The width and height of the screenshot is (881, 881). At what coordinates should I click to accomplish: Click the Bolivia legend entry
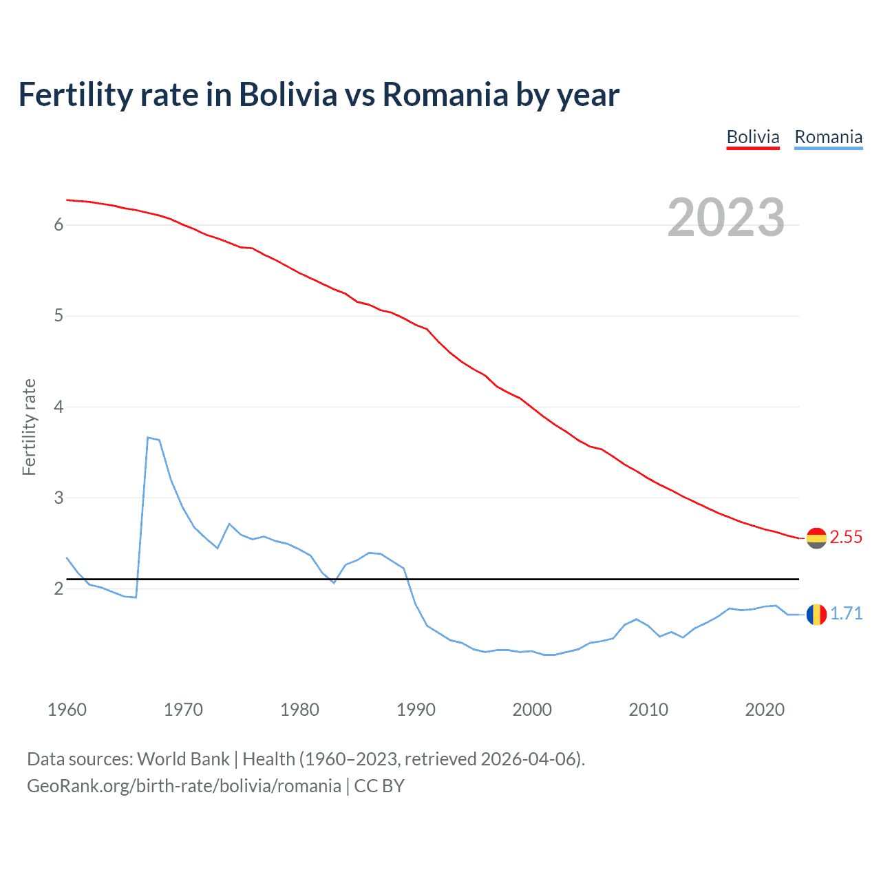click(x=753, y=138)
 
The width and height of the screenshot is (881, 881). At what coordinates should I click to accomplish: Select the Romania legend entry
click(x=828, y=138)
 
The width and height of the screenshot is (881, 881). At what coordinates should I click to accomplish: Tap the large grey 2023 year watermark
click(x=726, y=217)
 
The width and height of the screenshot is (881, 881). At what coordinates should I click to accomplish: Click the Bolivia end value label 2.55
click(x=846, y=538)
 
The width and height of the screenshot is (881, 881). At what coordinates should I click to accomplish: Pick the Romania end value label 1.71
click(x=846, y=614)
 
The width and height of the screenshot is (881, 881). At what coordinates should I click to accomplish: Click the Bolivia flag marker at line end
click(x=816, y=538)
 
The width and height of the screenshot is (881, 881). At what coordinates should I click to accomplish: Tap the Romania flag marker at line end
click(x=816, y=614)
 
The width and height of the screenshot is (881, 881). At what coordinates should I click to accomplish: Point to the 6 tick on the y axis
click(x=59, y=225)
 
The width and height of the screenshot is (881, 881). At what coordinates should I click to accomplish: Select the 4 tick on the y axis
click(x=59, y=407)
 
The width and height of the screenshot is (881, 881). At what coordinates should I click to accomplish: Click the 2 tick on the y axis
click(x=59, y=588)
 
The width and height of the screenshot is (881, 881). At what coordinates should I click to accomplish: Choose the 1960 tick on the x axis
click(x=67, y=710)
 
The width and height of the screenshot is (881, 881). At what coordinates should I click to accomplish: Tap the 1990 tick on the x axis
click(x=416, y=710)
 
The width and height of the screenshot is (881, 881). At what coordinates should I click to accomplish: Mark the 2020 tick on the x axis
click(x=765, y=710)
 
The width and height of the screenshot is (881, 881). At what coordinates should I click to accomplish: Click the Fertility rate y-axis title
click(x=29, y=427)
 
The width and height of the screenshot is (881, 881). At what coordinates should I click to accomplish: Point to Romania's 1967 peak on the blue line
click(x=148, y=438)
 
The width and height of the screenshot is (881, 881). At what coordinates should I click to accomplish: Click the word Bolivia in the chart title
click(x=288, y=95)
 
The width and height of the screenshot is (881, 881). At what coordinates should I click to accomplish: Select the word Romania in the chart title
click(x=445, y=95)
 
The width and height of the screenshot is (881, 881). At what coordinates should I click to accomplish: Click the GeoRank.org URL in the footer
click(x=184, y=786)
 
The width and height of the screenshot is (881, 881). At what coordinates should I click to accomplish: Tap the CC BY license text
click(x=379, y=786)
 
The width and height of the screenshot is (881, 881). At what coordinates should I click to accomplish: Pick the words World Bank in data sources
click(x=183, y=759)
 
